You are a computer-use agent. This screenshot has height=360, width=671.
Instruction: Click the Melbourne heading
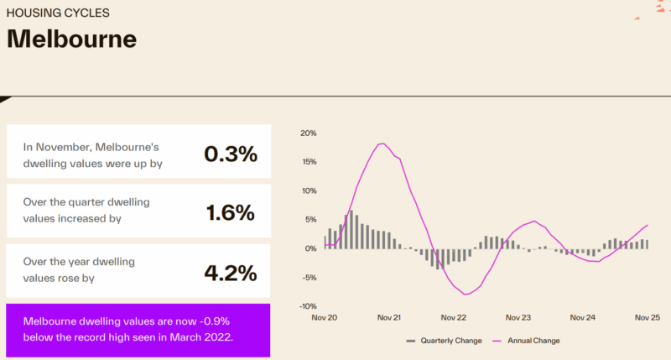[71, 39]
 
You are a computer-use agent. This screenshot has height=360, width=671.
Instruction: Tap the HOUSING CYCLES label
[58, 13]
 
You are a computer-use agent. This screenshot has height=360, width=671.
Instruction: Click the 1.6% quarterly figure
[230, 213]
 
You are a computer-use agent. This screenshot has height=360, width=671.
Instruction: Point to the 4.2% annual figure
[230, 272]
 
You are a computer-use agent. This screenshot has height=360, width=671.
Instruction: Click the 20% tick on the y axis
[307, 133]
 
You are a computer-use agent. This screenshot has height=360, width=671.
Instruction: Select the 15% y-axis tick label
[307, 162]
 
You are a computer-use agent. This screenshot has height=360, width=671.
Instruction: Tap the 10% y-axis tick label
[307, 190]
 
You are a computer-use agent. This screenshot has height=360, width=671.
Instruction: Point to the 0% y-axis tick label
[309, 248]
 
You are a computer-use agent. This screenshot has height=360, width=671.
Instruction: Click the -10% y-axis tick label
[306, 305]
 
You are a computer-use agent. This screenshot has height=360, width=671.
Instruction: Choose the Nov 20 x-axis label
[325, 318]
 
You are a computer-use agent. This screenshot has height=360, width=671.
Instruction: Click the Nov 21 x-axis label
[389, 318]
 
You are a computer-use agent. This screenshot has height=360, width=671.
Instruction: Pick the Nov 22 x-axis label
[454, 318]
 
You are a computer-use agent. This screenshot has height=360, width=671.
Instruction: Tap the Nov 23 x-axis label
[518, 318]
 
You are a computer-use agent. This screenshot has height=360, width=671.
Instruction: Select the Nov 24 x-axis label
[583, 318]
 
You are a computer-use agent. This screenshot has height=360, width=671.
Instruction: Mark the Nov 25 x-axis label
[647, 318]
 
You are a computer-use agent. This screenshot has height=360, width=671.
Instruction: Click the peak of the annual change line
[382, 143]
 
